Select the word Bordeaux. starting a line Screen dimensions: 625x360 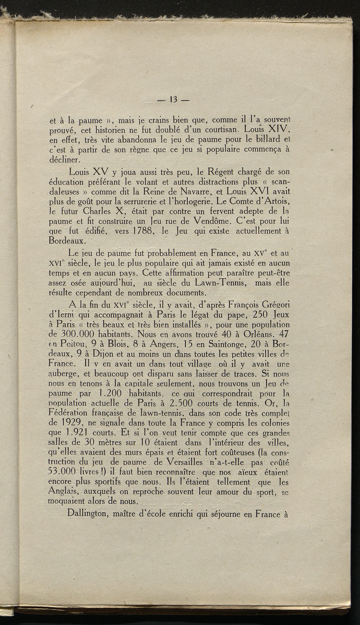[67, 241]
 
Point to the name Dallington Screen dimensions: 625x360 [88, 514]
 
